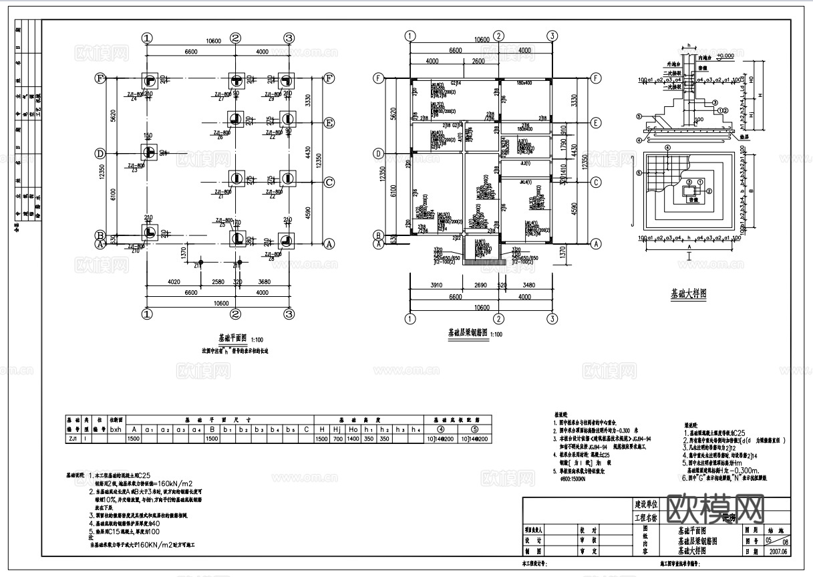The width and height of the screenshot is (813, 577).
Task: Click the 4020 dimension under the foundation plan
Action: point(174,282)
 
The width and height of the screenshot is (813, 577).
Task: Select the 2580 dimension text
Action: point(218,282)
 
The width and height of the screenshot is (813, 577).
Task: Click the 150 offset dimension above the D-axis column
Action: point(148,136)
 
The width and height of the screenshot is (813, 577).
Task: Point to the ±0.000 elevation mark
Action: point(725,55)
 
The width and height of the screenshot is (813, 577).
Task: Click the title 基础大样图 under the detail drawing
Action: point(688,293)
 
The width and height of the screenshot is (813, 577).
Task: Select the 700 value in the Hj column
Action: point(338,439)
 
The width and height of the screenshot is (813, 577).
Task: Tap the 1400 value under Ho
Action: point(354,439)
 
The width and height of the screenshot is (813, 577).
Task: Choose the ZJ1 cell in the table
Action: point(72,439)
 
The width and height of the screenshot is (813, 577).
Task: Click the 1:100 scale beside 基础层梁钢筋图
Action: point(497,333)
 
